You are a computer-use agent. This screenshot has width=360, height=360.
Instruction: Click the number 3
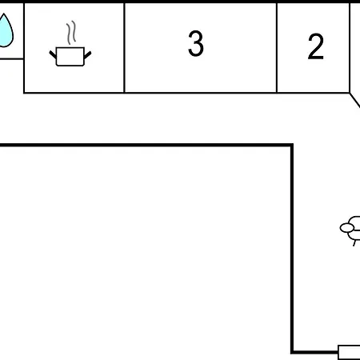pos(196,43)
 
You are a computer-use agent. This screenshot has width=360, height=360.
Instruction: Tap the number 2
pos(316,46)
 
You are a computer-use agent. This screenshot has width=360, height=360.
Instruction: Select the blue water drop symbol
pos(6,30)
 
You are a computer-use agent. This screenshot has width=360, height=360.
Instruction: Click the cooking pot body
pos(70,57)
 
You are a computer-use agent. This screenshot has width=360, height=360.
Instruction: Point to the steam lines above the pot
pos(71,33)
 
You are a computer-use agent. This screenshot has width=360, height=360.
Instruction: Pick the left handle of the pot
pos(53,54)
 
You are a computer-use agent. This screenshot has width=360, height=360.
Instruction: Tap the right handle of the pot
pos(88,55)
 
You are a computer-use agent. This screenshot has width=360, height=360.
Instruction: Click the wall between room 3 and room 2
pos(277,48)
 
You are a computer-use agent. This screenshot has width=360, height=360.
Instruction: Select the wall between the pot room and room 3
pos(124,48)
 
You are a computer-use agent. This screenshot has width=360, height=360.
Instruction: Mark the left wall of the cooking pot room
pos(24,48)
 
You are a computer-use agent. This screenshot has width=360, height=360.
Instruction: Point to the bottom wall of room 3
pos(201,93)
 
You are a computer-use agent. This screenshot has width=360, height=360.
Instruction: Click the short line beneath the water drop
pos(12,58)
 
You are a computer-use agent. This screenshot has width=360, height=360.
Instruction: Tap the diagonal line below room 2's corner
pos(355,100)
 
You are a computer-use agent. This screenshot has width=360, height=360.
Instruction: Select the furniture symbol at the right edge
pos(350,230)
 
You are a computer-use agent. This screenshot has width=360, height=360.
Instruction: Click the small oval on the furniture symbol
pos(347,228)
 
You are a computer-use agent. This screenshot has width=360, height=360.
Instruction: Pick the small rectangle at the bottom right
pos(349,352)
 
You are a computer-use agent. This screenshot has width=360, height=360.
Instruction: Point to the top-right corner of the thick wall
pos(292,145)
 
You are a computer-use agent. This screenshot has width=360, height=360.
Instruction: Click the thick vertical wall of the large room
pos(292,249)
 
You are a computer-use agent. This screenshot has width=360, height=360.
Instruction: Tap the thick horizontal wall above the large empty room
pos(146,145)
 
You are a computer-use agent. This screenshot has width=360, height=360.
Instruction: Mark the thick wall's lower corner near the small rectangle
pos(292,353)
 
